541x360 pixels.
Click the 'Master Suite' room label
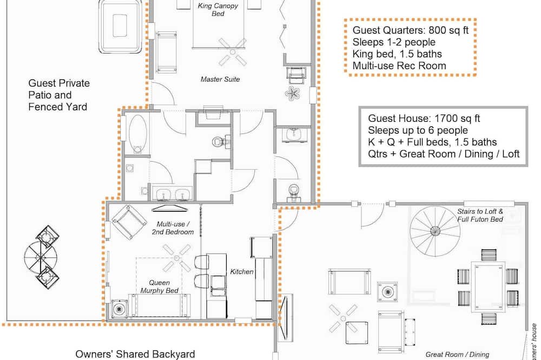220,79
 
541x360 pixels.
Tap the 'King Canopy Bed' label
218,10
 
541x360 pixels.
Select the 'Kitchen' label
242,272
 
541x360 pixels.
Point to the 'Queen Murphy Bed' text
160,286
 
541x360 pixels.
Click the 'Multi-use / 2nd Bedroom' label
173,228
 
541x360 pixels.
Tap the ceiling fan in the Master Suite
233,52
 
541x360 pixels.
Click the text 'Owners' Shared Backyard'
135,354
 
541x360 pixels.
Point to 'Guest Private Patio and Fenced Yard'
59,95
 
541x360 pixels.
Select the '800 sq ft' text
448,30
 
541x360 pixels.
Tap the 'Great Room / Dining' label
457,355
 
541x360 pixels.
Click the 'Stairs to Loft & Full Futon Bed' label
480,216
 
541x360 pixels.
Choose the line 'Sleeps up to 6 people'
418,130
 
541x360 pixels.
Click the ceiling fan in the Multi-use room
177,258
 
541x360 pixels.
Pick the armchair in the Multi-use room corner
128,222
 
